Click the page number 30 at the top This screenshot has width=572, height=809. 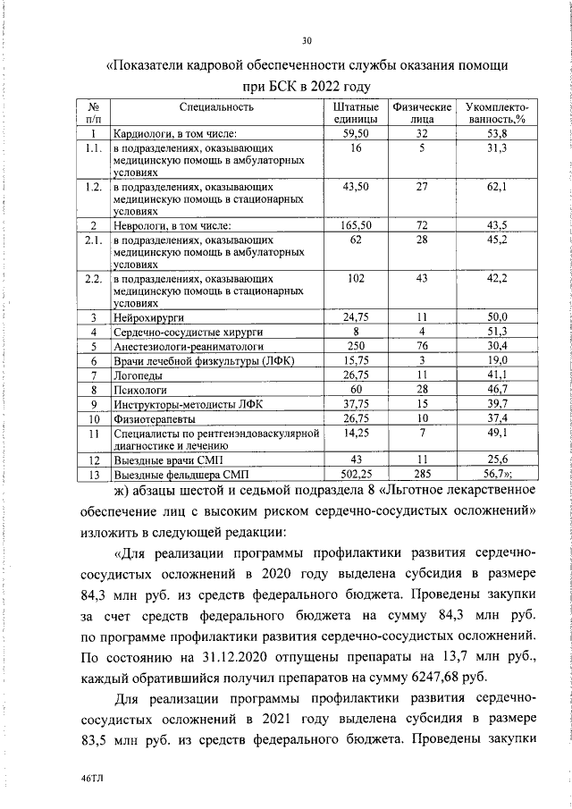[307, 40]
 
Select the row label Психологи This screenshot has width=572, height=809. [136, 390]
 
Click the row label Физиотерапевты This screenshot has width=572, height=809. [151, 418]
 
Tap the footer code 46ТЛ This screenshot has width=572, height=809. [92, 779]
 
